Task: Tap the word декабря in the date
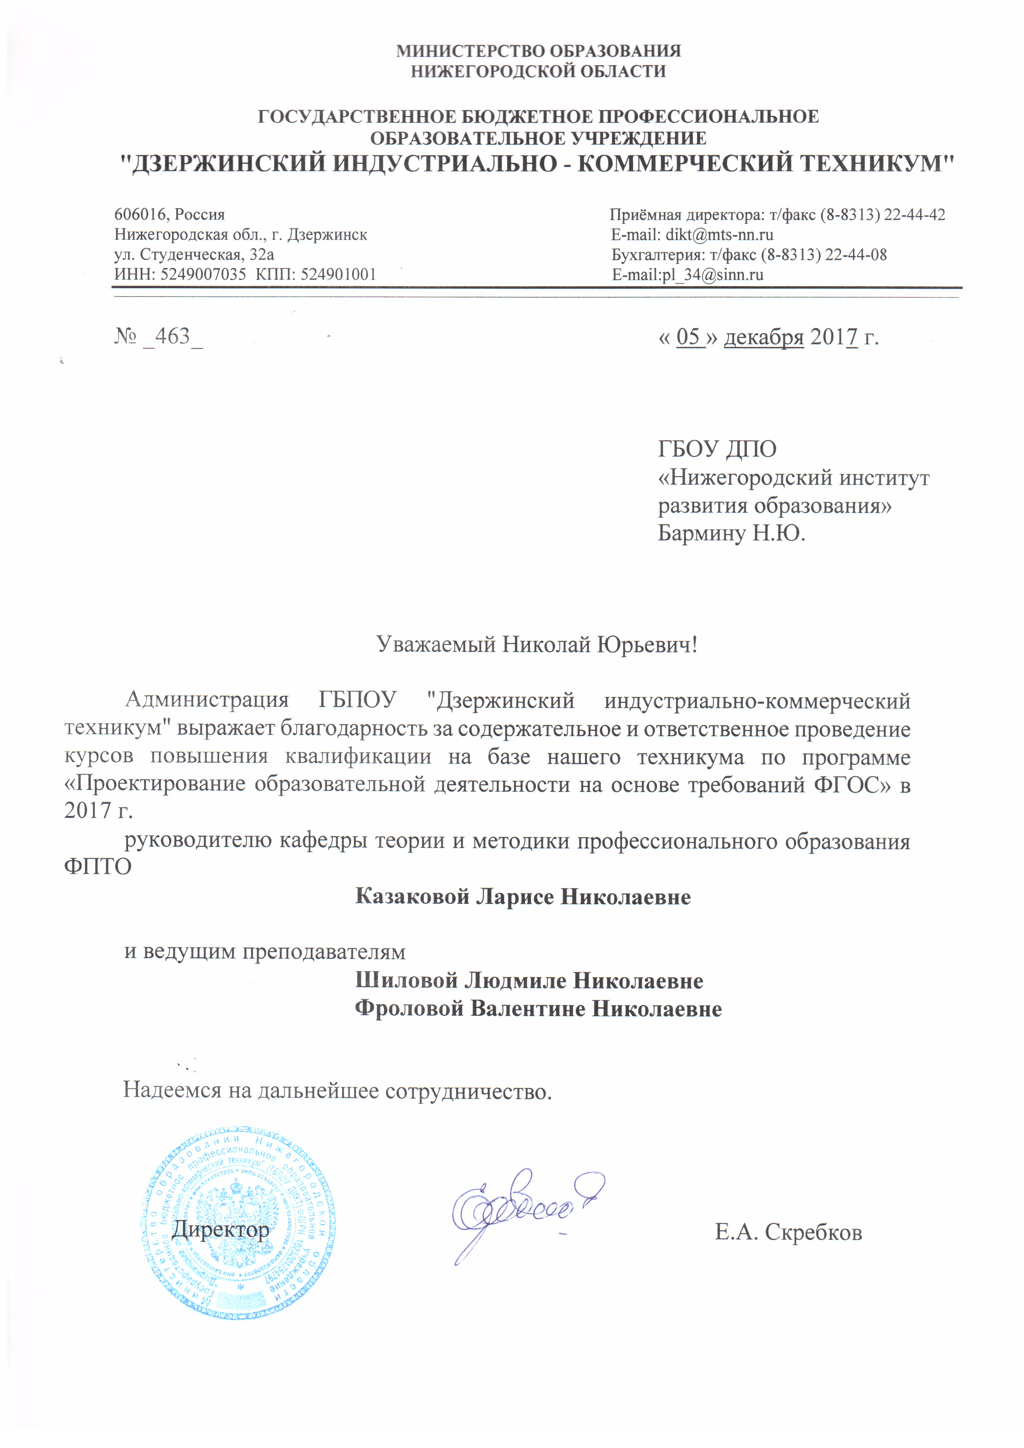click(764, 337)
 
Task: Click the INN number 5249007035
click(203, 275)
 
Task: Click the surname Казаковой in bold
click(412, 897)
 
